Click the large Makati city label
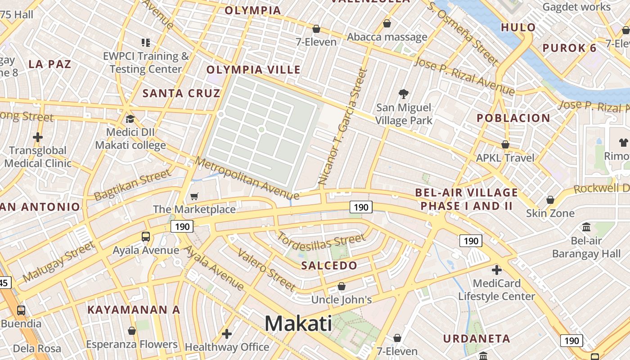click(x=298, y=324)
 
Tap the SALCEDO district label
click(x=329, y=265)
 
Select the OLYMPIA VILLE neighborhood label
click(x=253, y=70)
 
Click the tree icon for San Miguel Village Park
click(x=404, y=94)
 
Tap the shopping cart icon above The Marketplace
click(x=194, y=196)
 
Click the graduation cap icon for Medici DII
click(x=130, y=119)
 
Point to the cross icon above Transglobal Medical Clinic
click(x=38, y=137)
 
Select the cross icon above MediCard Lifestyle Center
click(x=497, y=270)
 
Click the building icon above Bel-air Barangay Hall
click(x=586, y=227)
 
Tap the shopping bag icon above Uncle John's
click(x=342, y=286)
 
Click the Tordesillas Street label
click(x=321, y=241)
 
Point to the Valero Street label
click(x=266, y=270)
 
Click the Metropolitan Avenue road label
click(x=247, y=178)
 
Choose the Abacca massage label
click(x=387, y=37)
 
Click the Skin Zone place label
click(x=550, y=213)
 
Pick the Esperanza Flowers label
click(x=131, y=345)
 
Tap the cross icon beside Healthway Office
click(x=227, y=333)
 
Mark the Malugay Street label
click(x=58, y=261)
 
